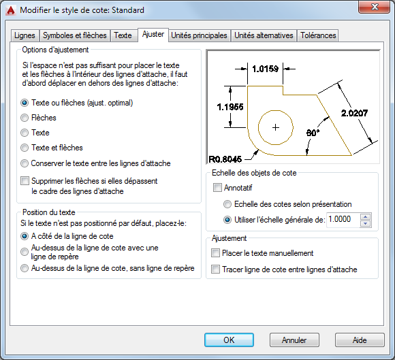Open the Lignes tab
click(x=25, y=35)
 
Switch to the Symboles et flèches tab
click(x=74, y=35)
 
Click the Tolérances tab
click(x=318, y=35)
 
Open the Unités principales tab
click(x=199, y=35)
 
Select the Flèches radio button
click(x=25, y=118)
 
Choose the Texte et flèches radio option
click(x=25, y=148)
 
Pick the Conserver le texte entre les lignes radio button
click(x=25, y=163)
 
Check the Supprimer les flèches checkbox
click(x=25, y=181)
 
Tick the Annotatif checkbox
click(x=217, y=188)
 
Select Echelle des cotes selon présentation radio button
click(x=227, y=204)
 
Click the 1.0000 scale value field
click(x=343, y=220)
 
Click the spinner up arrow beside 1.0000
click(x=366, y=216)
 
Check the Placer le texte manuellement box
click(x=215, y=253)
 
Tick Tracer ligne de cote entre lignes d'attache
click(x=215, y=269)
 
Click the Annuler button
click(x=294, y=340)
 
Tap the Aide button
click(x=360, y=340)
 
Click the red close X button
click(x=375, y=7)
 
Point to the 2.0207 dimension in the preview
click(x=354, y=113)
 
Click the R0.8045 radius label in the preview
click(x=225, y=159)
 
